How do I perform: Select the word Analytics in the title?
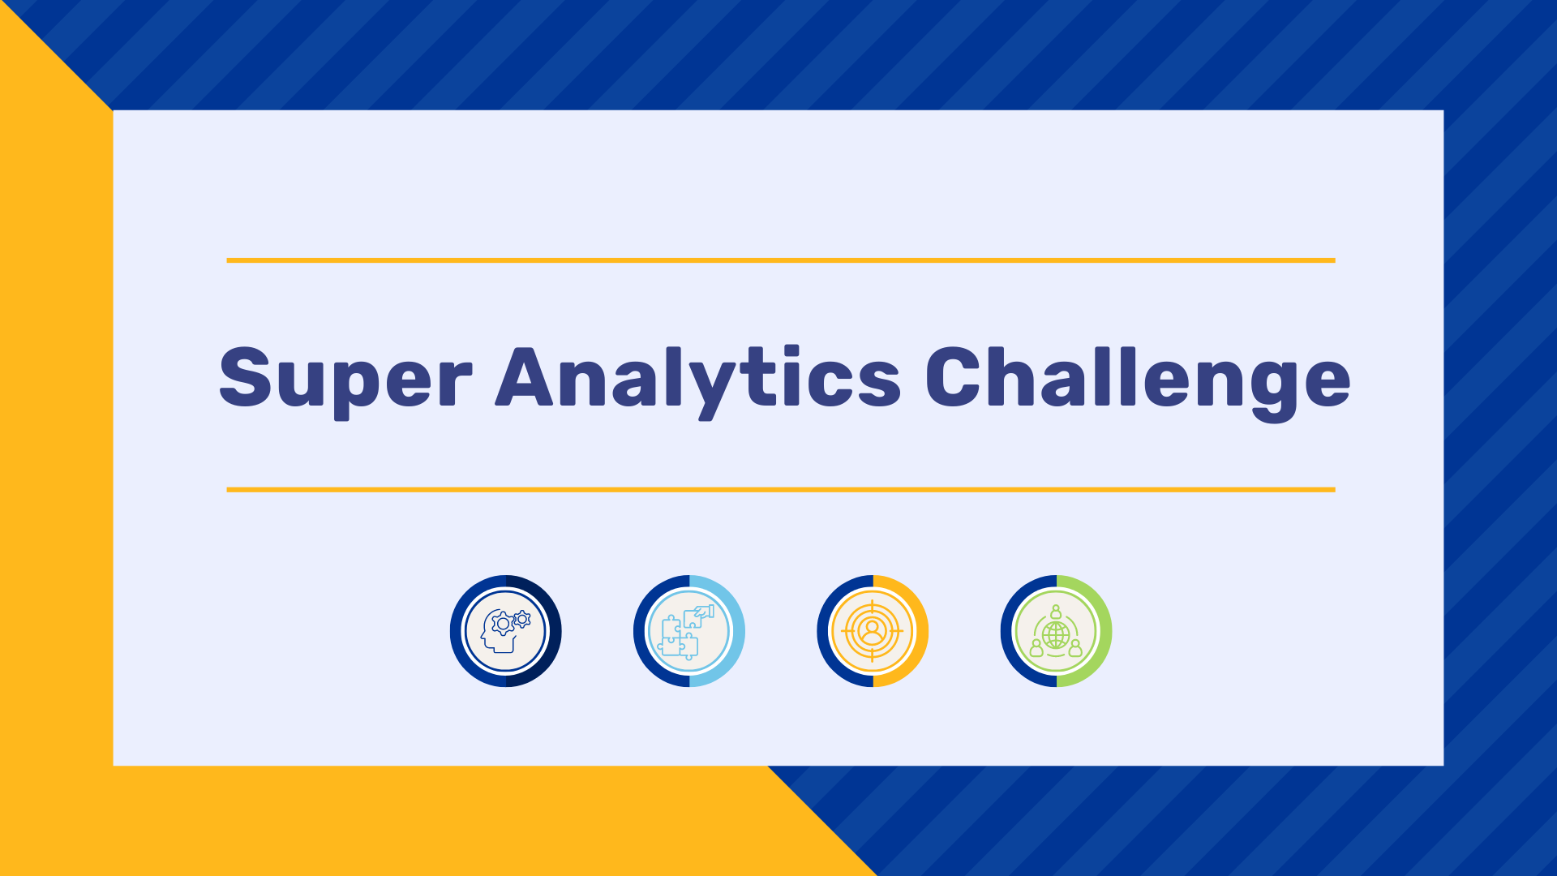click(x=698, y=380)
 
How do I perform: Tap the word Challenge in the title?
click(x=1138, y=380)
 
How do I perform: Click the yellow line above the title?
click(x=781, y=260)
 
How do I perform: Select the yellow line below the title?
click(x=781, y=490)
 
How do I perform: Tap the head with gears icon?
click(x=505, y=631)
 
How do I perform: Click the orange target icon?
click(x=873, y=631)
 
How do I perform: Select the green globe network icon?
click(x=1056, y=631)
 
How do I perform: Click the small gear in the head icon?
click(x=522, y=620)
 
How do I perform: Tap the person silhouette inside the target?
click(x=873, y=630)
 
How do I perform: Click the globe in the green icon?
click(x=1056, y=635)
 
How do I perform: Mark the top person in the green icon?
click(x=1056, y=612)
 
